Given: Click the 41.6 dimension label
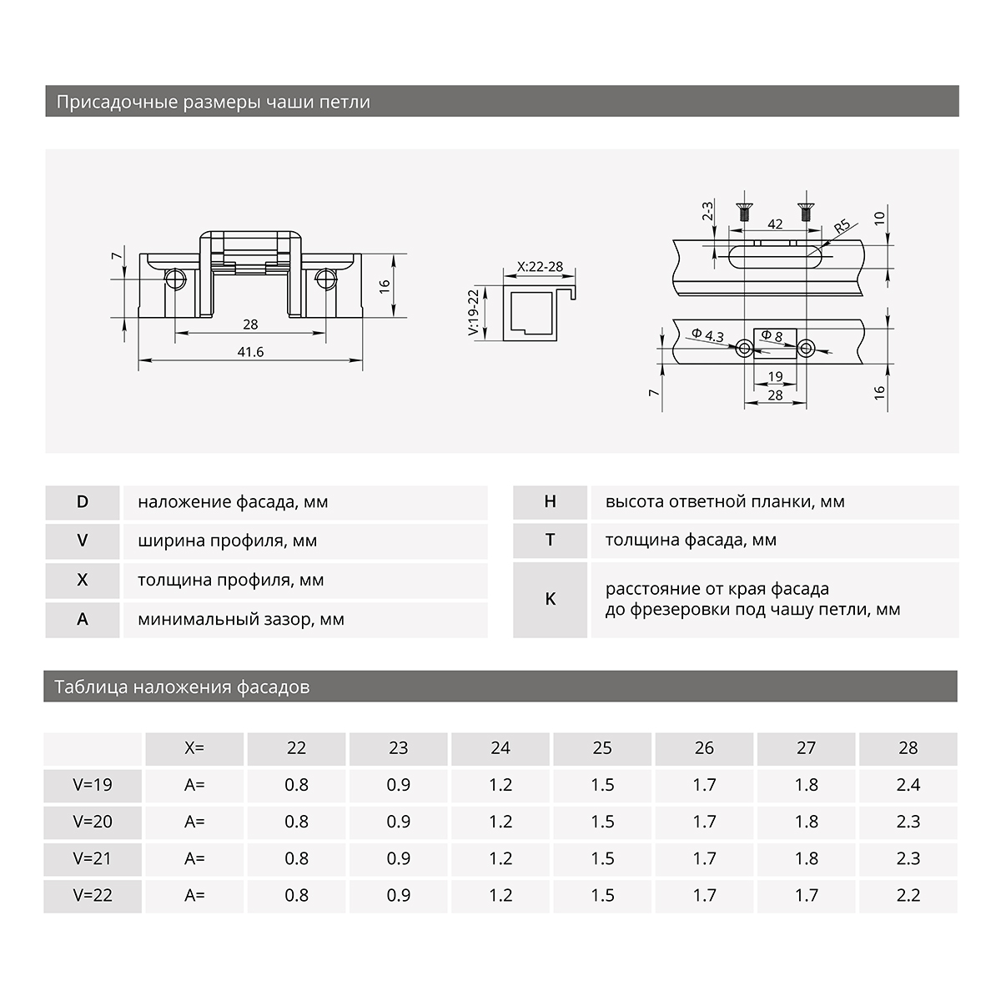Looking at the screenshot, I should pos(250,352).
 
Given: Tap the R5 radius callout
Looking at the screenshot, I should pos(841,226).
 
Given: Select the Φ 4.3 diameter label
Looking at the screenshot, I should pos(707,335).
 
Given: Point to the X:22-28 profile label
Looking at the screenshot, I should pos(540,267).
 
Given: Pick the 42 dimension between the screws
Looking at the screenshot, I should pos(774,224).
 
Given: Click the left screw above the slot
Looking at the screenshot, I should pos(742,211).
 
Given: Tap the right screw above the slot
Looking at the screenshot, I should pos(806,211).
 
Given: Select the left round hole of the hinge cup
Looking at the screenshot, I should pos(176,278).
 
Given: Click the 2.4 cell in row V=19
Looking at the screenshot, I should pos(908,785).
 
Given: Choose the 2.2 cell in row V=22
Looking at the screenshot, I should pos(908,895).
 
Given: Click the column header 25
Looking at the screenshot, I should pos(602,748).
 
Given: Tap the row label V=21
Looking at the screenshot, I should pos(93,858).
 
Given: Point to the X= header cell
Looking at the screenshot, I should pos(194,748).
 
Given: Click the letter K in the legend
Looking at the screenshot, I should pos(550,599).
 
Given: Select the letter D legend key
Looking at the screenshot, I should pos(82,502).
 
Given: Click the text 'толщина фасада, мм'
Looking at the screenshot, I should pos(691,541).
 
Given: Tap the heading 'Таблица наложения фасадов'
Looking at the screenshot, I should pos(182,687).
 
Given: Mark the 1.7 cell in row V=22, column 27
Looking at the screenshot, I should pos(806,895).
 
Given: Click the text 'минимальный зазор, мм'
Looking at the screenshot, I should pos(241,620).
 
